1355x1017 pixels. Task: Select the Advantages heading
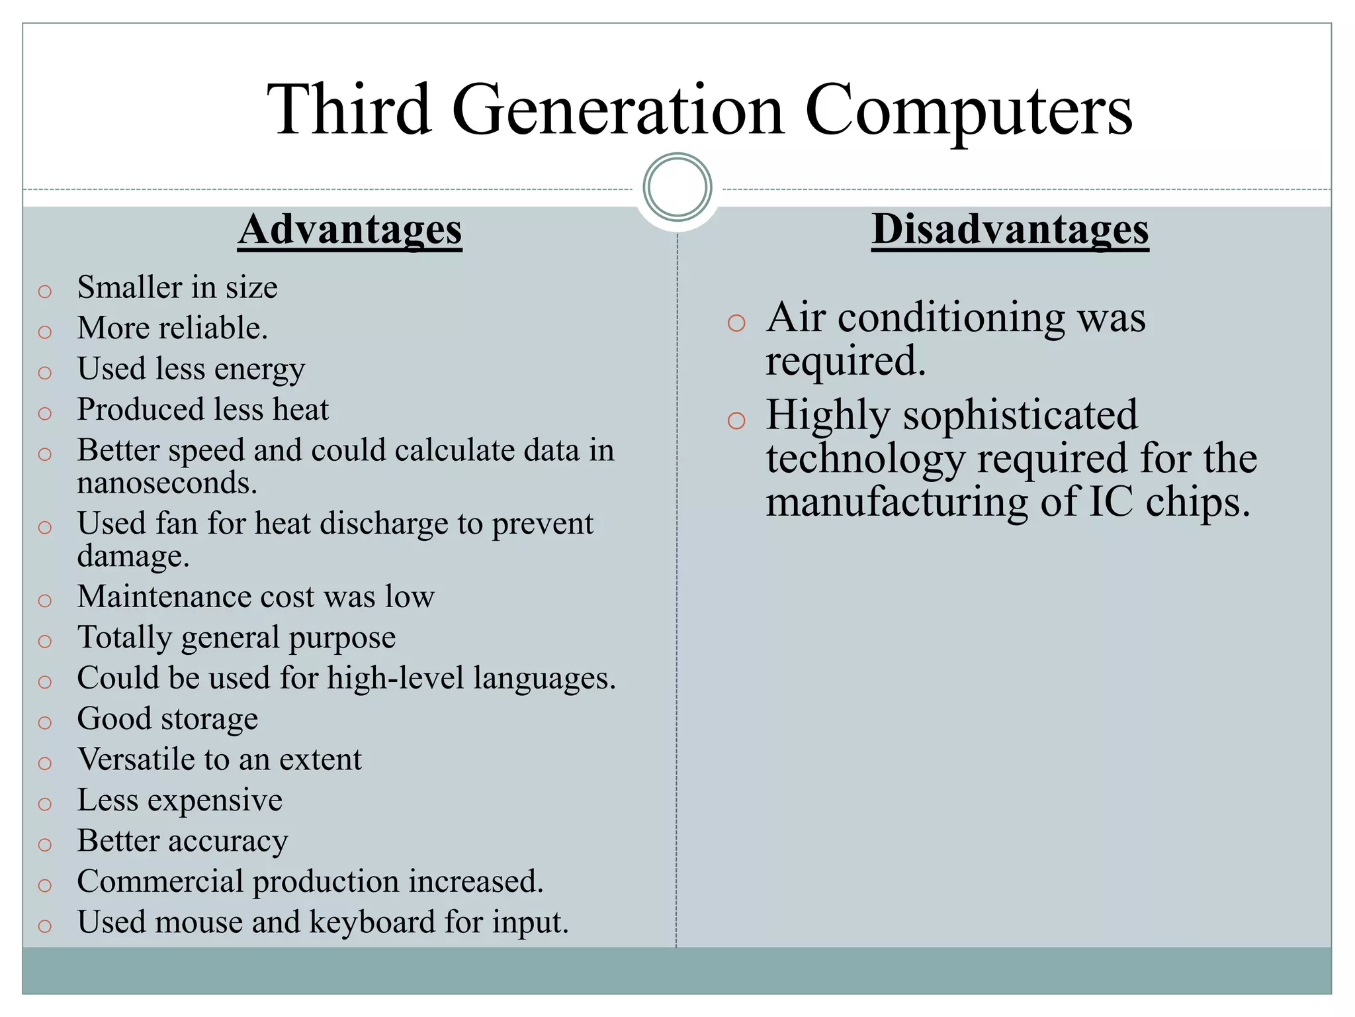(350, 230)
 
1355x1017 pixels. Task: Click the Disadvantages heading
(1010, 230)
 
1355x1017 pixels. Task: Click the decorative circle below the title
(677, 187)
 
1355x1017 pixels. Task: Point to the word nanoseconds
(166, 483)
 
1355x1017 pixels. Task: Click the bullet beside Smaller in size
(45, 291)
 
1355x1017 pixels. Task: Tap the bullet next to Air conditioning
(736, 323)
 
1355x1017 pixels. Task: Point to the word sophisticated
(1020, 416)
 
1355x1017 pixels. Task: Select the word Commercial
(160, 881)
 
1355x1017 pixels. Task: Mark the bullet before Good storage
(45, 722)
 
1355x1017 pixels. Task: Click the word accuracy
(228, 841)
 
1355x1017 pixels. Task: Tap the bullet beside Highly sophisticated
(736, 420)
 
